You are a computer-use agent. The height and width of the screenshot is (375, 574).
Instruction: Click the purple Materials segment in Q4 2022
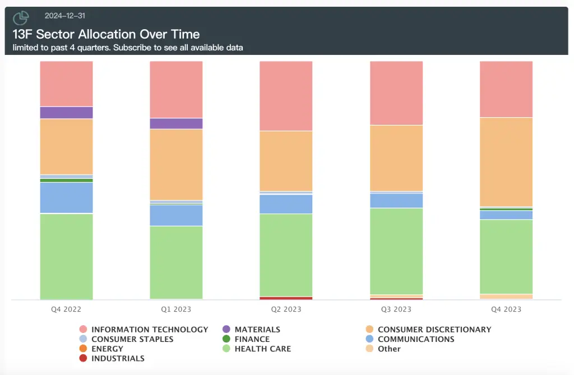(66, 113)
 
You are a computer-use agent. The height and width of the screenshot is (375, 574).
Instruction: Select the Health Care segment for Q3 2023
(396, 251)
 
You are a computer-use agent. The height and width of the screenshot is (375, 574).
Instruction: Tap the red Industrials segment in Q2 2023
(286, 298)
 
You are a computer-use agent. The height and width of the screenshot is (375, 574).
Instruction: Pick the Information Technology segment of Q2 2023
(286, 96)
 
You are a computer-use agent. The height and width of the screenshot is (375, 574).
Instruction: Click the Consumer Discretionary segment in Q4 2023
(506, 162)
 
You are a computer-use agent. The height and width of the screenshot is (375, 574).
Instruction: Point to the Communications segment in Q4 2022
(66, 198)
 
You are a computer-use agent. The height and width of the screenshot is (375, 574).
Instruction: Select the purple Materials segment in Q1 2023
(176, 124)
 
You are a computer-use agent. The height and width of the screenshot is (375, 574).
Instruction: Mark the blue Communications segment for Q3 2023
(396, 201)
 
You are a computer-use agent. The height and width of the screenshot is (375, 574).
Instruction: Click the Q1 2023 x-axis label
(176, 309)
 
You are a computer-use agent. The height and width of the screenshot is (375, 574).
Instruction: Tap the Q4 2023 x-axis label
(506, 309)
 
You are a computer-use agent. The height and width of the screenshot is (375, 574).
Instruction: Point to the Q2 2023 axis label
(286, 309)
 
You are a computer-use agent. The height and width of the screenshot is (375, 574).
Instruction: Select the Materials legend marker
(226, 330)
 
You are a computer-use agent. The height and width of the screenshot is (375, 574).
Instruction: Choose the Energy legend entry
(107, 349)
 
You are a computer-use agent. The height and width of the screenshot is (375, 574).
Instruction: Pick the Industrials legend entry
(118, 358)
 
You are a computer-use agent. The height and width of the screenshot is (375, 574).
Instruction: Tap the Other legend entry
(389, 349)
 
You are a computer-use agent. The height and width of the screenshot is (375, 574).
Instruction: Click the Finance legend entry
(252, 339)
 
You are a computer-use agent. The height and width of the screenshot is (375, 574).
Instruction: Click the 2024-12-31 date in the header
(65, 16)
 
